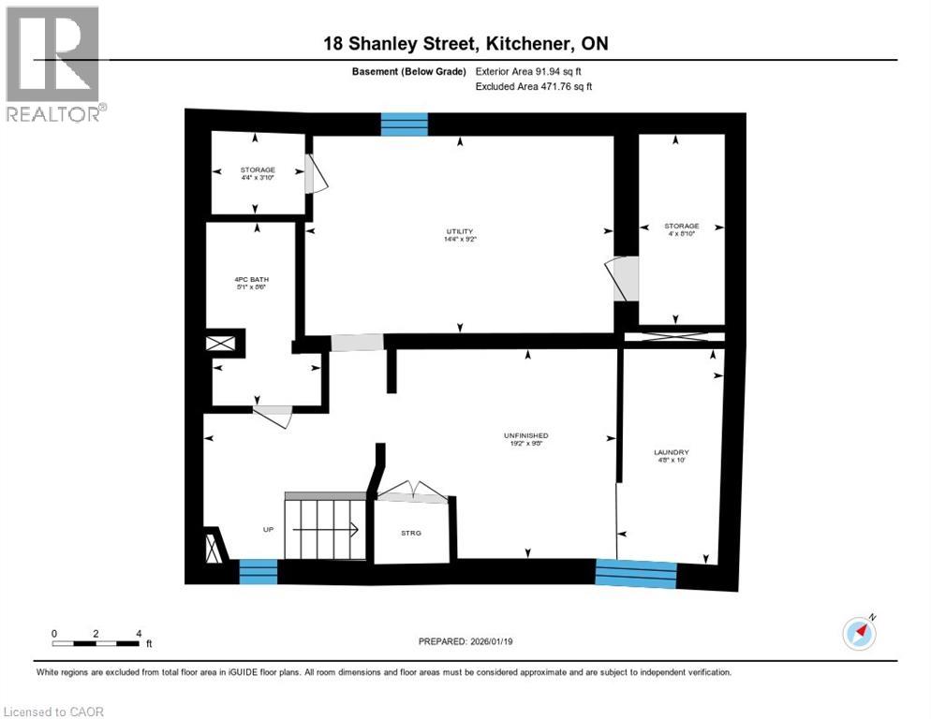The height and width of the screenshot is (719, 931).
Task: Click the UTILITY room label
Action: [x=459, y=232]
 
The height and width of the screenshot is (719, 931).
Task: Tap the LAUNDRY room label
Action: [x=671, y=453]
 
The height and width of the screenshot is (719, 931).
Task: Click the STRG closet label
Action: [x=411, y=533]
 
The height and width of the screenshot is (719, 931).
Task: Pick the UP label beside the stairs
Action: [x=268, y=530]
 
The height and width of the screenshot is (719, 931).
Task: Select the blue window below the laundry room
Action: [x=636, y=572]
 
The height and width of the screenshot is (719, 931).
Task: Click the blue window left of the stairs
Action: [x=259, y=571]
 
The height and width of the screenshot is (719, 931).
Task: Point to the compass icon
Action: [x=859, y=633]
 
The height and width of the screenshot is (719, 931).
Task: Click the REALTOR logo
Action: [x=53, y=65]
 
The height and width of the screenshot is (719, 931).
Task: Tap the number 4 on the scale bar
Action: [x=138, y=633]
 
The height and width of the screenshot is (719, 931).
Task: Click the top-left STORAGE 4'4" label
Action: [x=258, y=173]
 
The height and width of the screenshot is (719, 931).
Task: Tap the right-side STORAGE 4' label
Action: [x=681, y=230]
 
